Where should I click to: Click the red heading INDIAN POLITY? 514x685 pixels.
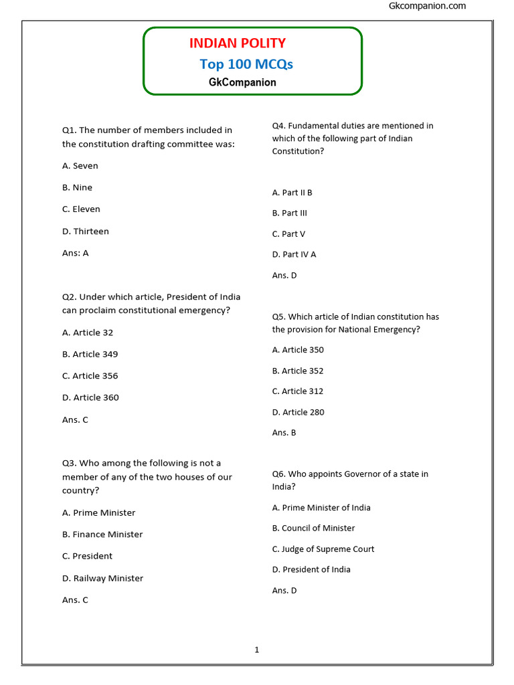237,43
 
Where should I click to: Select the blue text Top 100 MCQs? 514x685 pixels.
246,64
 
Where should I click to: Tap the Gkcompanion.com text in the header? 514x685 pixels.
427,6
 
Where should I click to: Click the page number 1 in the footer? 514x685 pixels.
256,650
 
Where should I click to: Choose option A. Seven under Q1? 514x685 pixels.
80,166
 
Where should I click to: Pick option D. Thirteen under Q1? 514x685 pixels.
86,231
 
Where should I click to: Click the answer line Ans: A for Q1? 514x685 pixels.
76,254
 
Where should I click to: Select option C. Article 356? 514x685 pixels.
90,376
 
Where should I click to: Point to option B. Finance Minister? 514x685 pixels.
102,534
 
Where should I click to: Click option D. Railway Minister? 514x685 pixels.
102,578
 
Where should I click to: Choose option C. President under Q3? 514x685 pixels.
88,556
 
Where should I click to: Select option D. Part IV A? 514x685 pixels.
294,254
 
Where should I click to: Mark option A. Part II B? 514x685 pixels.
292,193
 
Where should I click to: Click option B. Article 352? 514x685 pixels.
298,371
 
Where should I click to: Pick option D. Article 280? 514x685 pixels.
298,412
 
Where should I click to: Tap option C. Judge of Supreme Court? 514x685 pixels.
323,549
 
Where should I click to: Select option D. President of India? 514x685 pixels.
311,570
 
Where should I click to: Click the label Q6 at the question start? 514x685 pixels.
278,474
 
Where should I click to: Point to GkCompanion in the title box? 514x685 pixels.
242,82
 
